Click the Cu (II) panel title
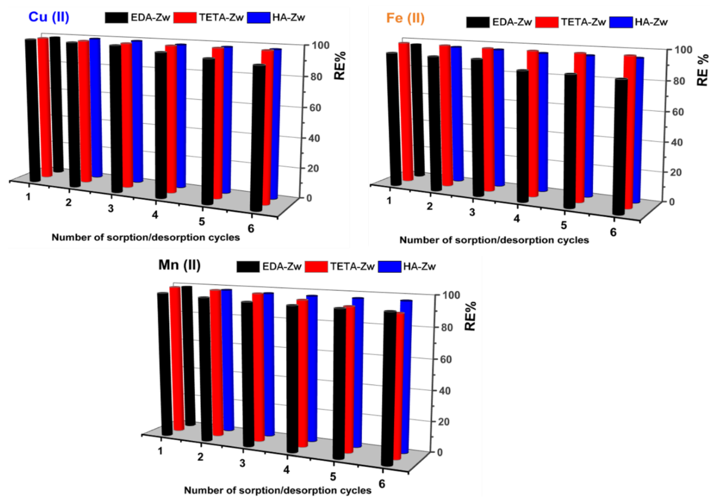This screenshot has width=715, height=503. [49, 17]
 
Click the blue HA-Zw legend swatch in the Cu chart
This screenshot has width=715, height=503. [259, 18]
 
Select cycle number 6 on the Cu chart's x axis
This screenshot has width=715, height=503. [251, 229]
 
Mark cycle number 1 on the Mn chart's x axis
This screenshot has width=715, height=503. [160, 451]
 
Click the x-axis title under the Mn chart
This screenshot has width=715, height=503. [278, 491]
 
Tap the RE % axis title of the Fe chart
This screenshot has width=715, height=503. [703, 70]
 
